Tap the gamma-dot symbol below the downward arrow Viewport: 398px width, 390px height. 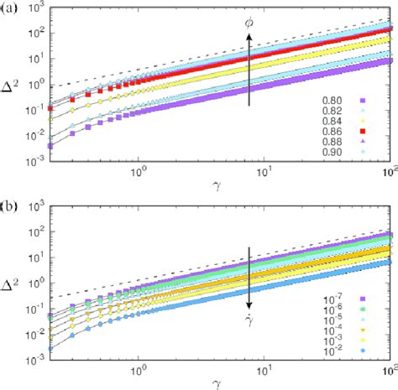coord(249,323)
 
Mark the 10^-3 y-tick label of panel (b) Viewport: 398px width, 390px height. coord(36,366)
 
